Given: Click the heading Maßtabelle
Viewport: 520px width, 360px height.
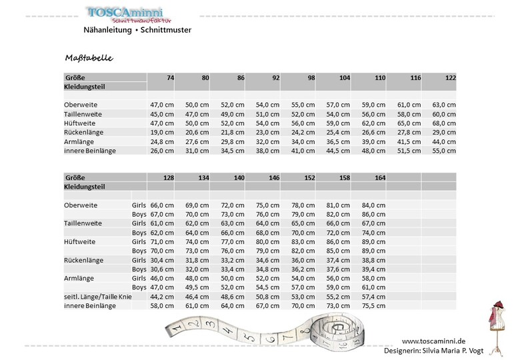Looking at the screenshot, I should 89,58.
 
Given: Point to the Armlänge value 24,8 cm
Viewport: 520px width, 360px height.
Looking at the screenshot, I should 162,142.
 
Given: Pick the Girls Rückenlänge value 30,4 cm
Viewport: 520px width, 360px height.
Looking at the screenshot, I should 162,259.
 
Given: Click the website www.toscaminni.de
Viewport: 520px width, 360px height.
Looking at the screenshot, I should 433,340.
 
